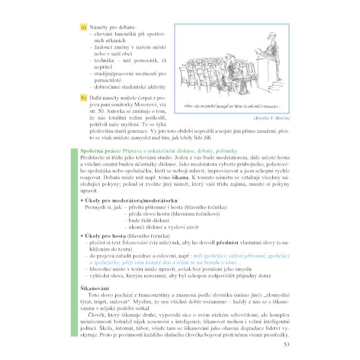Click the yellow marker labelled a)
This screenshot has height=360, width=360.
point(83,27)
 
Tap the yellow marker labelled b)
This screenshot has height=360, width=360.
point(83,98)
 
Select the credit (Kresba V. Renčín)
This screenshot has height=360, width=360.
point(268,118)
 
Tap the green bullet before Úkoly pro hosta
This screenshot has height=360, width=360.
point(82,236)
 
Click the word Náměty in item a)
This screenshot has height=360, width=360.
point(98,27)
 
